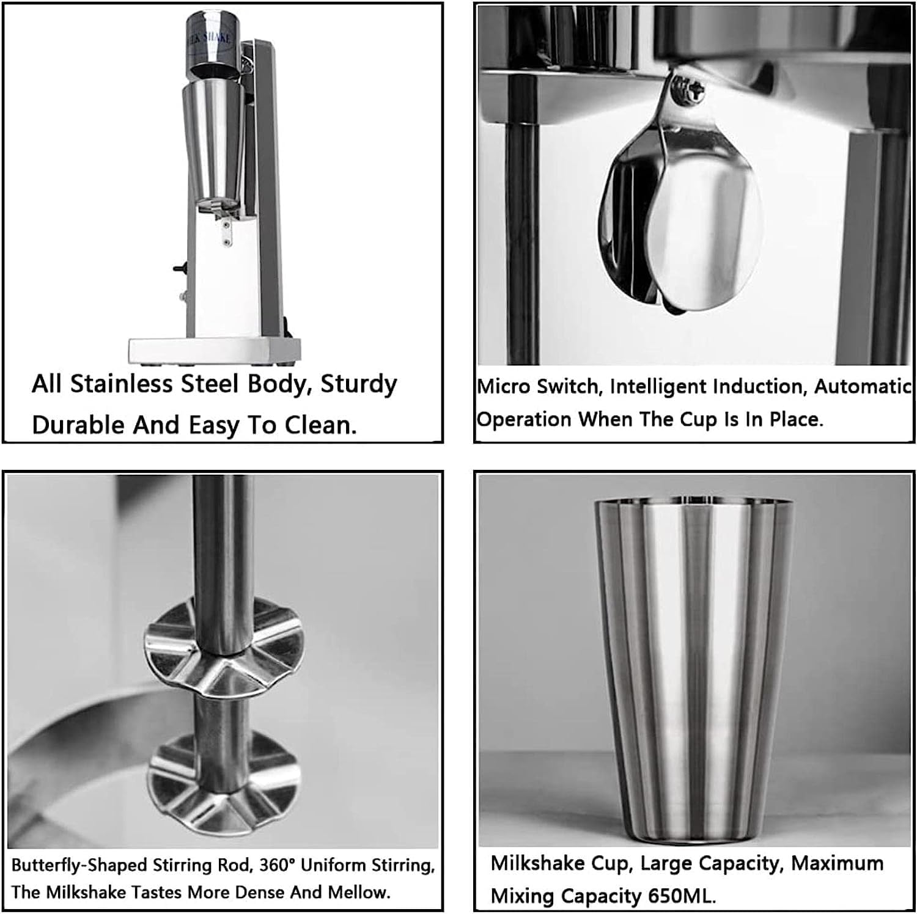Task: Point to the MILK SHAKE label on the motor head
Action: point(210,38)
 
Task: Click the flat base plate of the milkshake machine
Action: point(214,351)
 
